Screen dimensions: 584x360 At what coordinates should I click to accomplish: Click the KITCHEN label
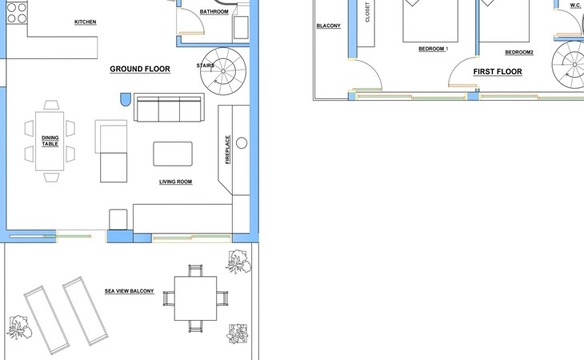click(x=86, y=22)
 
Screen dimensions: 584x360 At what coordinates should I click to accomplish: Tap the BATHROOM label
click(x=214, y=12)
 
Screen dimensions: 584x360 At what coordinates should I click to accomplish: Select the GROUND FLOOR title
click(x=140, y=69)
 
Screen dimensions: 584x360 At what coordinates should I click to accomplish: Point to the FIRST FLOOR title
click(x=498, y=71)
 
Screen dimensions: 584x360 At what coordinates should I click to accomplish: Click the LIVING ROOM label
click(x=176, y=182)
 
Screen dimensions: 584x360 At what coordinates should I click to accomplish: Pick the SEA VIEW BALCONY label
click(x=130, y=291)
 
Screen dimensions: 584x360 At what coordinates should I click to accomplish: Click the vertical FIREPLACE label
click(x=227, y=150)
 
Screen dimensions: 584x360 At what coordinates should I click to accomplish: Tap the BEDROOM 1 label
click(x=433, y=49)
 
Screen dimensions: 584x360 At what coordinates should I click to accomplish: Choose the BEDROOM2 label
click(x=519, y=53)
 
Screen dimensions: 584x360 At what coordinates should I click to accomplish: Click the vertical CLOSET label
click(x=368, y=12)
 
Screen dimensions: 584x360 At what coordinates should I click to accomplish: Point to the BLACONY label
click(x=329, y=26)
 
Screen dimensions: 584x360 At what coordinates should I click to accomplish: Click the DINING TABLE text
click(x=50, y=141)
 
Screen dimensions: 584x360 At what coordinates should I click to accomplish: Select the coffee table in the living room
click(x=173, y=154)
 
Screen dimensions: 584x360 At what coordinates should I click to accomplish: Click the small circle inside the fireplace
click(x=242, y=143)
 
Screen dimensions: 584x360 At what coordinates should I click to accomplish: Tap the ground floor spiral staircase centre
click(x=223, y=71)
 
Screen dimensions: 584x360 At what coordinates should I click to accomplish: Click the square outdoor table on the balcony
click(x=195, y=298)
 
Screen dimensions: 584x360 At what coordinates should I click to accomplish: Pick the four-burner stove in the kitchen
click(x=17, y=13)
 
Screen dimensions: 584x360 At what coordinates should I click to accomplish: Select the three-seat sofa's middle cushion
click(x=169, y=109)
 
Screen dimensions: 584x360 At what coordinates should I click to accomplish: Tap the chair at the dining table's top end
click(x=51, y=105)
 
